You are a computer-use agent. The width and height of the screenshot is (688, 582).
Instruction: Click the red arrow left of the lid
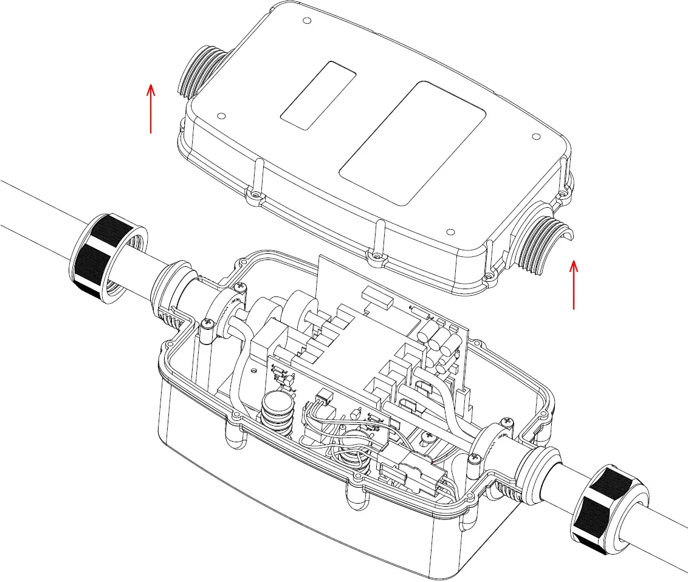point(151,108)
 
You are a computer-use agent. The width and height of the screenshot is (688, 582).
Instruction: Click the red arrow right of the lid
point(574,284)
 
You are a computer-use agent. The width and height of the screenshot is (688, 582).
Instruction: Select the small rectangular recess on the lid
point(318,95)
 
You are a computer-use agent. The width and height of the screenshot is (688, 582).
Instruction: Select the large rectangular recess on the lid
point(411,142)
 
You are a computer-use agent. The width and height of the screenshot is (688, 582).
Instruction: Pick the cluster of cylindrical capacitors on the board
point(441,343)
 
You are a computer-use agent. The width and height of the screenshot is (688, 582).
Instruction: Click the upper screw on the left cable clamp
point(239,286)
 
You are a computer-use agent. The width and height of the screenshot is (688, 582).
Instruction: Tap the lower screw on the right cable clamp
point(473,462)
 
